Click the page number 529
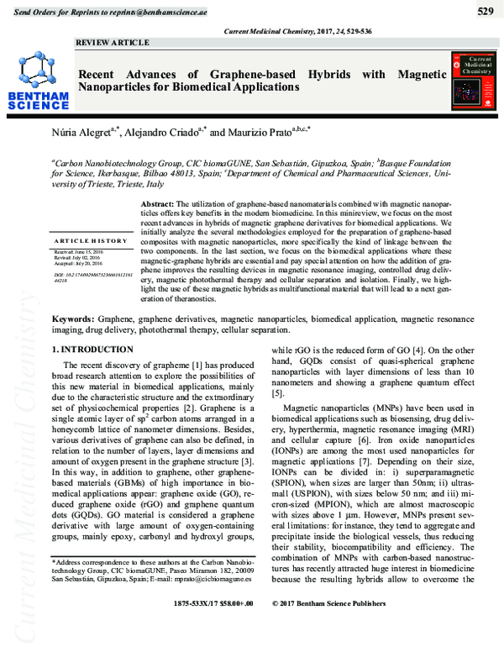coord(485,11)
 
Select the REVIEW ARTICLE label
coord(113,42)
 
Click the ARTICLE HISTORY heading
coord(88,241)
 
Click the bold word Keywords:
coord(73,320)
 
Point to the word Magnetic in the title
coord(420,75)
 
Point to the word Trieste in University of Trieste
coord(106,184)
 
